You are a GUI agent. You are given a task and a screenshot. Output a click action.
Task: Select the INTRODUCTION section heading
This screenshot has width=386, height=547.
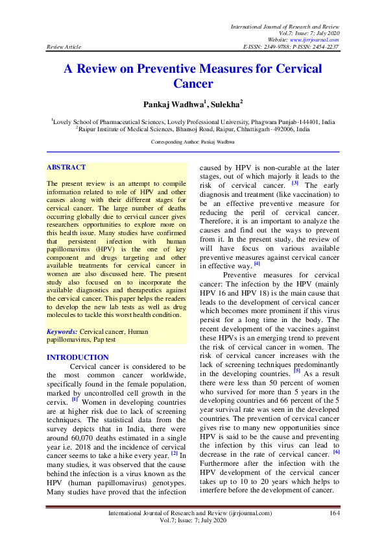tap(78, 357)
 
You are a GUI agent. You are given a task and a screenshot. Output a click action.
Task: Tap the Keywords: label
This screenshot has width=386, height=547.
tap(62, 331)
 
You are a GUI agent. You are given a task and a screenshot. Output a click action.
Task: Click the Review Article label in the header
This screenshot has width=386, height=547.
tap(64, 47)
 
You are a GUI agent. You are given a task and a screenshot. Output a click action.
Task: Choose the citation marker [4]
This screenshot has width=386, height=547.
tap(257, 263)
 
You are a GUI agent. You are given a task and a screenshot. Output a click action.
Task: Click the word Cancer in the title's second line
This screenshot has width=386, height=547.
tap(193, 83)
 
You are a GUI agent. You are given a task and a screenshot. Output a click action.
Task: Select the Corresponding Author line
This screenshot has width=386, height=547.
tap(193, 141)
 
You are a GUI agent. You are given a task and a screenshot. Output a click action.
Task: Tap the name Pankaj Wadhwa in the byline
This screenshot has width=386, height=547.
tap(170, 103)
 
